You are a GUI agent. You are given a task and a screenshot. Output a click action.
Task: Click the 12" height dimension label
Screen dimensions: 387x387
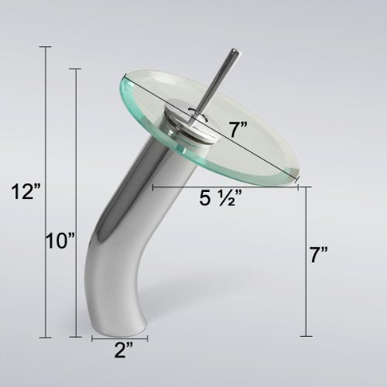pyautogui.click(x=26, y=192)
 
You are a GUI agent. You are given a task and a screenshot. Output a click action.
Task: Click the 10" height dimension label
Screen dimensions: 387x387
pyautogui.click(x=60, y=241)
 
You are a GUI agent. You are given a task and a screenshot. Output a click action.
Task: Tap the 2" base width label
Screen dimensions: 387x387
pyautogui.click(x=124, y=350)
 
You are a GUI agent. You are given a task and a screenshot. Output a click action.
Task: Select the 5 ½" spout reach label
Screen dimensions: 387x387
pyautogui.click(x=221, y=198)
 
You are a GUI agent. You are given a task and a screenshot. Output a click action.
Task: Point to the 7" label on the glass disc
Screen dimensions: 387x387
pyautogui.click(x=238, y=129)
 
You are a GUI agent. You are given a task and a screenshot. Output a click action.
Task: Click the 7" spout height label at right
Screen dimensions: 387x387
pyautogui.click(x=319, y=255)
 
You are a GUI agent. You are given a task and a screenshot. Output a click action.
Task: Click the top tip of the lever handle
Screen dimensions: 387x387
pyautogui.click(x=235, y=50)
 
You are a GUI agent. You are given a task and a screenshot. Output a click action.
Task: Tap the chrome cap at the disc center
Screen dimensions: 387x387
pyautogui.click(x=190, y=122)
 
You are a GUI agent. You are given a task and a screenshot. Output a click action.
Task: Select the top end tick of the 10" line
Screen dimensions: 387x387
pyautogui.click(x=76, y=69)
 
